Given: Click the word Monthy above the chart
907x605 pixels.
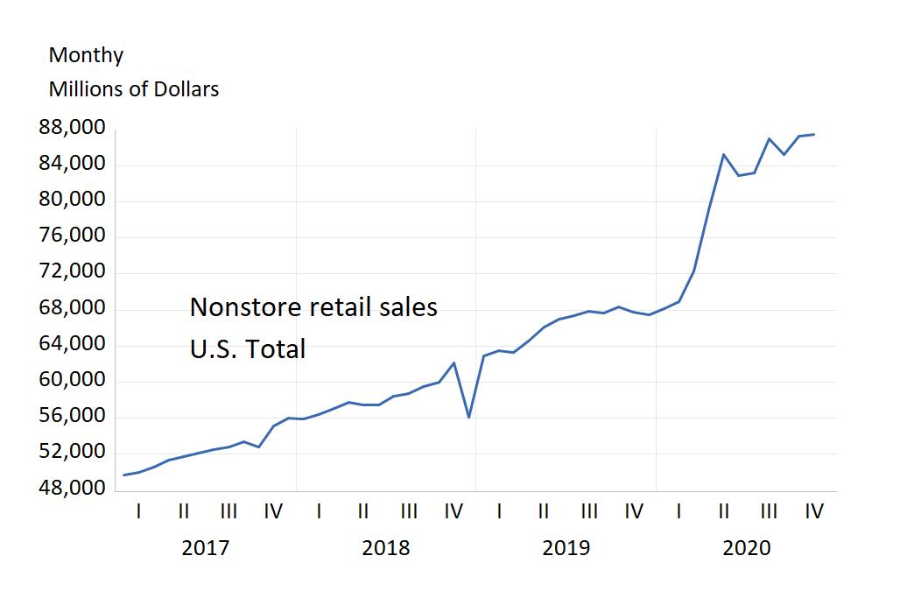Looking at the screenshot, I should (86, 55).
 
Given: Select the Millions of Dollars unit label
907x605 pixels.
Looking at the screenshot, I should (134, 89).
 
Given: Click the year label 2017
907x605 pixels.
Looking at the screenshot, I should (205, 548).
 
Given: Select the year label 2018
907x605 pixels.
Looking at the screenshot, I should (385, 548).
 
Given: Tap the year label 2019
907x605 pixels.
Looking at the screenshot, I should (566, 548).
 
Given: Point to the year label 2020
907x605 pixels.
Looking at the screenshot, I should (746, 548).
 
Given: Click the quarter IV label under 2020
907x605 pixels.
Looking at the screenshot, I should (814, 510).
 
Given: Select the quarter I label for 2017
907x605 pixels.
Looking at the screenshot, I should (138, 510).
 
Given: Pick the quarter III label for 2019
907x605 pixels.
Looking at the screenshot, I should (589, 510).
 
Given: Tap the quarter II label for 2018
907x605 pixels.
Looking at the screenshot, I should (363, 510).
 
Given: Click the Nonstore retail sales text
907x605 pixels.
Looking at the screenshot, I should (313, 307).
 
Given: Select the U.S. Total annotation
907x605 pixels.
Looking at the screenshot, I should (248, 349).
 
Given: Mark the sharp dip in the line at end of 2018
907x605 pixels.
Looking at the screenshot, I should (469, 417).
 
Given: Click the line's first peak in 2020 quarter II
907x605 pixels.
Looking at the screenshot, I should (724, 154).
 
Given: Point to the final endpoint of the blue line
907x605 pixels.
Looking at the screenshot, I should (814, 134).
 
